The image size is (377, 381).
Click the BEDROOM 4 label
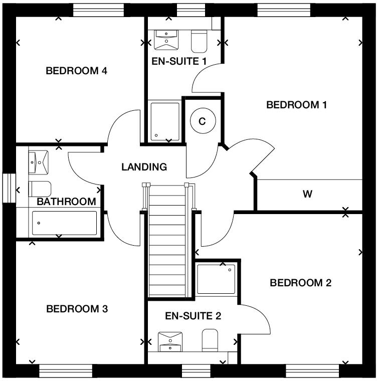point(76,71)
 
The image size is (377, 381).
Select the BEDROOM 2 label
point(300,283)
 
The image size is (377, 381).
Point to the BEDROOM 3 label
point(77,309)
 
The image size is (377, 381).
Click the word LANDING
point(144,167)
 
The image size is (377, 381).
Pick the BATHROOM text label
point(66,202)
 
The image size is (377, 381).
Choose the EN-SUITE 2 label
point(193,316)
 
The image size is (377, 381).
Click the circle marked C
point(203,121)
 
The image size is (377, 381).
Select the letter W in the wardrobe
point(308,194)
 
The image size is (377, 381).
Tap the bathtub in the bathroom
point(64,223)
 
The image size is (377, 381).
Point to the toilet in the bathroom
point(41,189)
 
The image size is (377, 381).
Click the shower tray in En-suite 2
point(216,279)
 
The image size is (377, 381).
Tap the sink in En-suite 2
point(171,341)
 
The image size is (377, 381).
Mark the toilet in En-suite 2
point(210,339)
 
